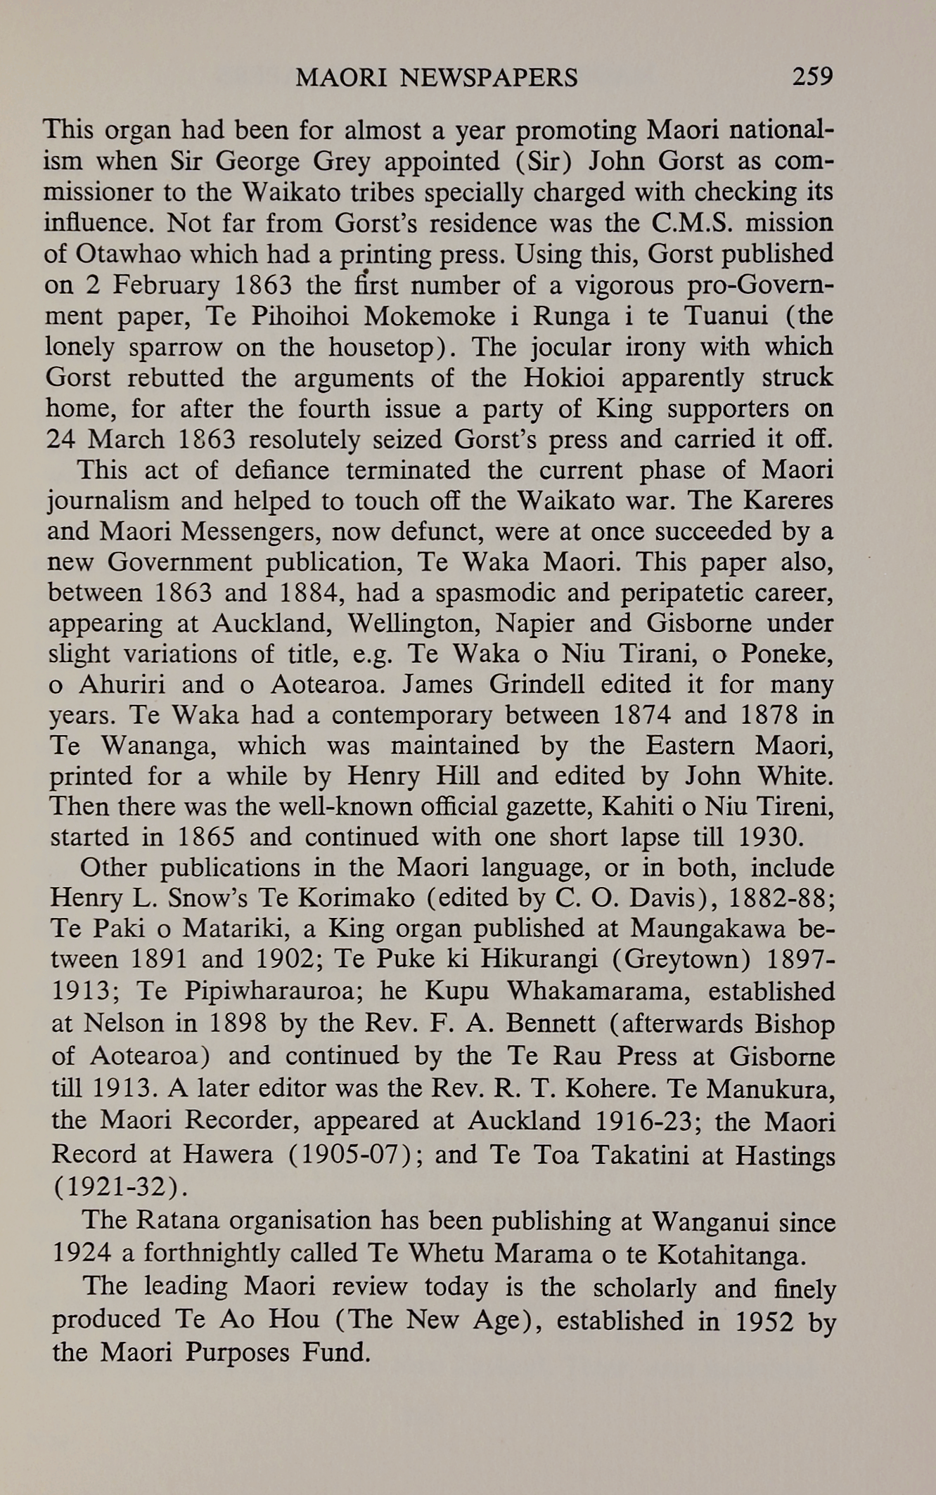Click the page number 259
point(812,76)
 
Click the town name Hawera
point(228,1155)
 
